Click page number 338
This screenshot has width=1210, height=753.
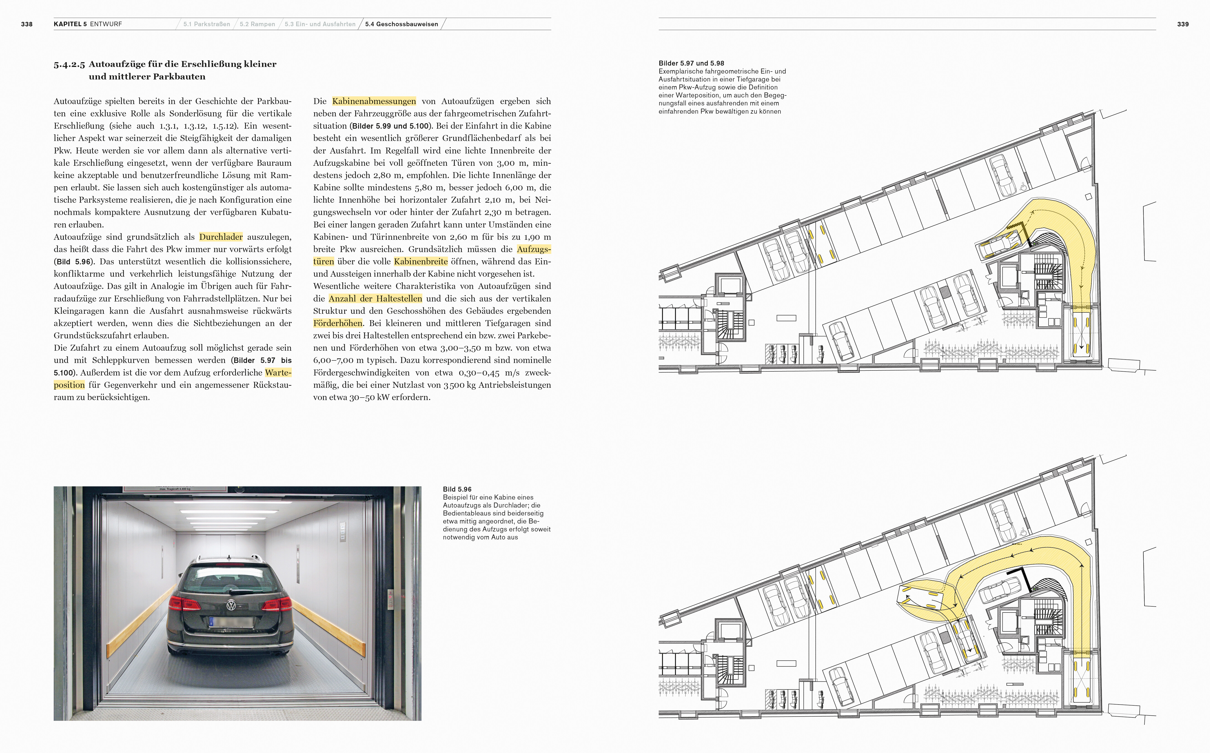(x=27, y=24)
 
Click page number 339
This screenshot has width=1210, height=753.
(x=1183, y=24)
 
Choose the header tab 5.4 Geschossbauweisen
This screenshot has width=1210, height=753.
(x=401, y=24)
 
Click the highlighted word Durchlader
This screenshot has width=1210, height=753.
(x=221, y=237)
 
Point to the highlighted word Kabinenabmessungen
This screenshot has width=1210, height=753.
(x=374, y=101)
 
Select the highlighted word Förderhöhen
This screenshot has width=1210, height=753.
(x=338, y=323)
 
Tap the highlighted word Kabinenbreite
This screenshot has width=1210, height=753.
(x=421, y=261)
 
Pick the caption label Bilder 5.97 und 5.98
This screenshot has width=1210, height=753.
(x=691, y=63)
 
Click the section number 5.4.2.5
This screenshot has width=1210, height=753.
(x=69, y=64)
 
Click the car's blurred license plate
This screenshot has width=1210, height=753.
(x=231, y=622)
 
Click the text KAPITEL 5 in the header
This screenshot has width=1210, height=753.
(x=70, y=24)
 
